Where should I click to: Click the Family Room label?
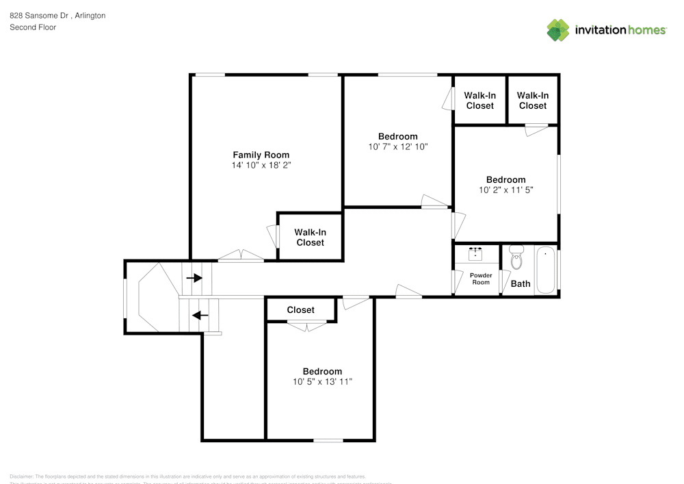pos(261,155)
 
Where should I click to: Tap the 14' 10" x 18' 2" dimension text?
pos(261,166)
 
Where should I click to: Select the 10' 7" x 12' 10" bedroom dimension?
pos(397,147)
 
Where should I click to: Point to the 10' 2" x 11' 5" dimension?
pos(506,190)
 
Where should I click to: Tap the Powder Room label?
pos(481,279)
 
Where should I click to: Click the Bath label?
pos(521,283)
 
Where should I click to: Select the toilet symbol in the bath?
pos(516,259)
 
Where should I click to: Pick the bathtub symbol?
pos(545,270)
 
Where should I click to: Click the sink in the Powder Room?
pos(476,253)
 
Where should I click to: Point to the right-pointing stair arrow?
pos(194,278)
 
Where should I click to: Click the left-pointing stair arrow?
pos(200,316)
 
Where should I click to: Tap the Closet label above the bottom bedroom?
pos(300,310)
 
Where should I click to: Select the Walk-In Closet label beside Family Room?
pos(311,238)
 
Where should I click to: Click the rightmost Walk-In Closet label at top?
pos(533,101)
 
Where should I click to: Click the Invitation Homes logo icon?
pos(558,30)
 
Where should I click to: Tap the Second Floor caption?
pos(33,27)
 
